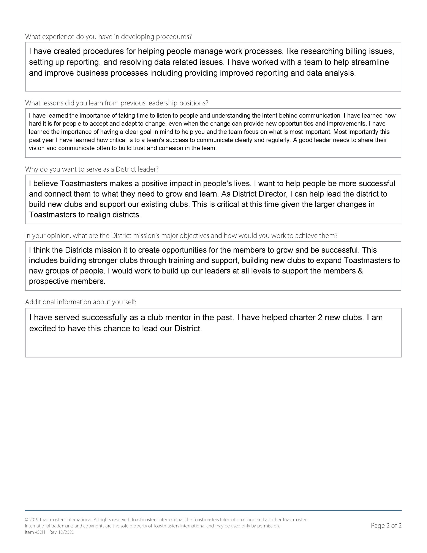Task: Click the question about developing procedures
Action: [108, 37]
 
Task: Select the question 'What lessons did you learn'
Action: [116, 103]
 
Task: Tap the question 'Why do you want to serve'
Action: [92, 169]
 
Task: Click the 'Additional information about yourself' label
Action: [81, 302]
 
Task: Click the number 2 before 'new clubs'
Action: [320, 318]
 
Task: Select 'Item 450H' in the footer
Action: [35, 532]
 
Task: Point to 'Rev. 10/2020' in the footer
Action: [62, 532]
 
